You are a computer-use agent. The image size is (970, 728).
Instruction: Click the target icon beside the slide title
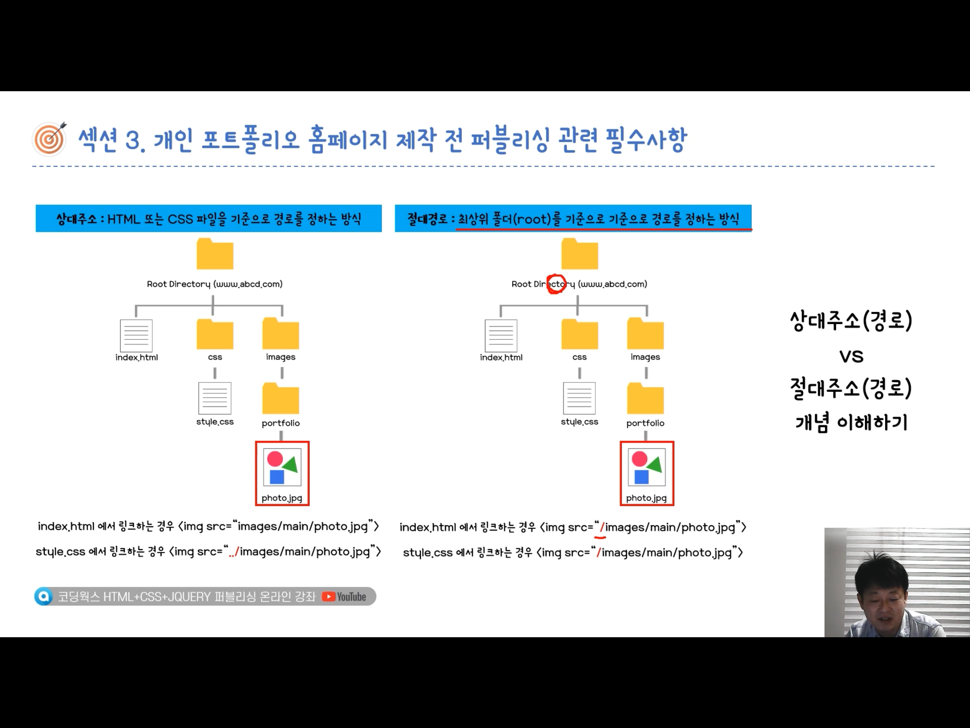pos(49,139)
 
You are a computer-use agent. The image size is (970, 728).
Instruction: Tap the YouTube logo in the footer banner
pos(344,597)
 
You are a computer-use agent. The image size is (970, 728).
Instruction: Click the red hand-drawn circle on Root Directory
pos(556,284)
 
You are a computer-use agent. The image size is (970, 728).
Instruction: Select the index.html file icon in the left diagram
pos(136,336)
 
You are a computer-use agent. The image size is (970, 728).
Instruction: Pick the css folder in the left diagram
pos(215,334)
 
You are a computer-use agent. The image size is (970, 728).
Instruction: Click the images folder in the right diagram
pos(645,334)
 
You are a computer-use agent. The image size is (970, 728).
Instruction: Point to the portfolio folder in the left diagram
pos(281,399)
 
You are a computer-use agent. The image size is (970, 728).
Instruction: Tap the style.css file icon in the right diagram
pos(579,398)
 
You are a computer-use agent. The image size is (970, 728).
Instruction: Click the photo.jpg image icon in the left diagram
pos(282,468)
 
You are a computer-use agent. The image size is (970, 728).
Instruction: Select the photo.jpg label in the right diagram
pos(646,498)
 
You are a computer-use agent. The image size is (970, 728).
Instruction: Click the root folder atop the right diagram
pos(580,254)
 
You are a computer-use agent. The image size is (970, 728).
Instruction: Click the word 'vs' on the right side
pos(851,357)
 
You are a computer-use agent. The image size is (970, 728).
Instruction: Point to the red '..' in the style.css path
pos(232,553)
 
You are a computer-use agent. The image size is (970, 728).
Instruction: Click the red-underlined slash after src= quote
pos(602,528)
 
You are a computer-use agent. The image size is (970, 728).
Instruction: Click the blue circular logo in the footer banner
pos(44,597)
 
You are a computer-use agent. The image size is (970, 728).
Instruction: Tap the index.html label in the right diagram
pos(501,357)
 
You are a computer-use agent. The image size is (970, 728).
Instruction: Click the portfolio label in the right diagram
pos(645,423)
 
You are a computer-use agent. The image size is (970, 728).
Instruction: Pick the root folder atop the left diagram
pos(215,254)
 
